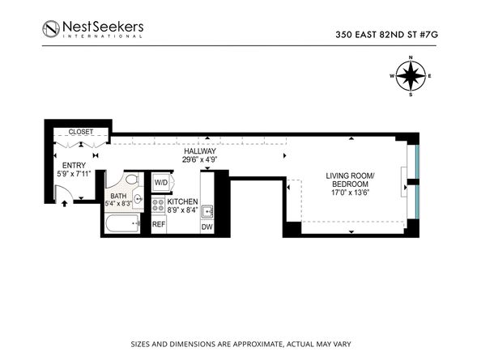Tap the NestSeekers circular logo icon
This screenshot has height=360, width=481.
[53, 29]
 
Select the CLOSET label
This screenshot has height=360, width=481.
[80, 132]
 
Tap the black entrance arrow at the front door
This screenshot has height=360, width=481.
[64, 202]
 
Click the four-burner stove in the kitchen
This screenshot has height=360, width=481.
[159, 204]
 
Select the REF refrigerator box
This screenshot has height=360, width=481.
[159, 224]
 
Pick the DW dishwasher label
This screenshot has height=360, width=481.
[206, 227]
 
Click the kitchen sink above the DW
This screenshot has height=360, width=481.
[207, 212]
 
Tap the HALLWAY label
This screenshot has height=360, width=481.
[198, 150]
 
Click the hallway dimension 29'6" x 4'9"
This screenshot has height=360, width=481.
[198, 159]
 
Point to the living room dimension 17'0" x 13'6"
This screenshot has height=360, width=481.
[350, 193]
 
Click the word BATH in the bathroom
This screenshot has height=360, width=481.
[118, 196]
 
